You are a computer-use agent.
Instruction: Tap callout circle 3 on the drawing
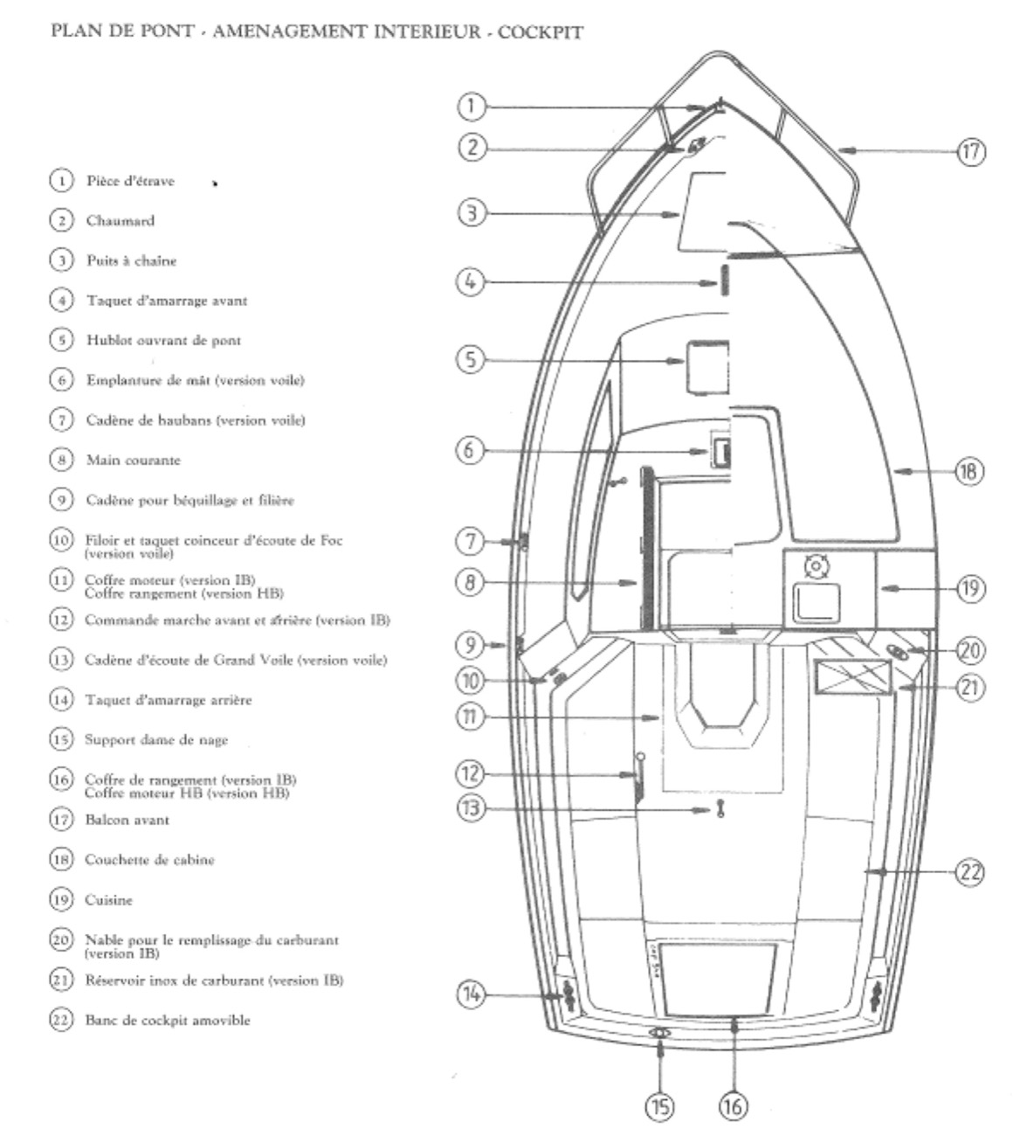point(472,213)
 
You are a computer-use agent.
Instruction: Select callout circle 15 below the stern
point(659,1106)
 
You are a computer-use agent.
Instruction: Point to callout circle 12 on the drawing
point(472,773)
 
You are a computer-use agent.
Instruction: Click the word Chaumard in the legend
point(120,221)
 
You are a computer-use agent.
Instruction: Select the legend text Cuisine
point(108,899)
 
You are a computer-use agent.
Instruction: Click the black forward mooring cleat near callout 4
point(724,282)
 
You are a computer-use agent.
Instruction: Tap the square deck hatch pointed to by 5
point(706,367)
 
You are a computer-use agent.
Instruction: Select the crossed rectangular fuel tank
point(852,677)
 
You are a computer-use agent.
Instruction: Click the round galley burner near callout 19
point(816,566)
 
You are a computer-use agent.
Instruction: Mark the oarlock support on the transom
point(660,1033)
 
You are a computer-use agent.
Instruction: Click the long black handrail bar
point(647,547)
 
